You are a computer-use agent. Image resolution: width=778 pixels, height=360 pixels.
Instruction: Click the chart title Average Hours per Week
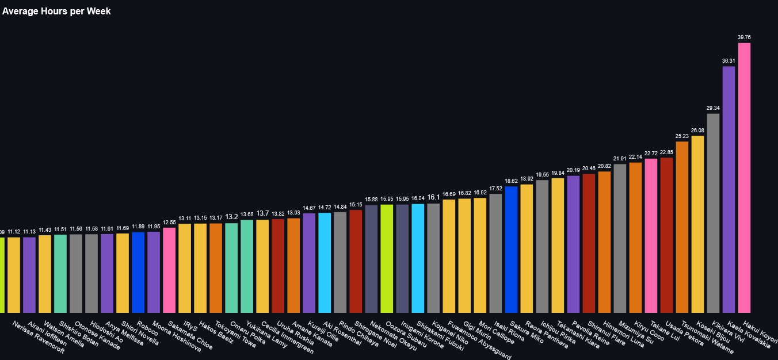pyautogui.click(x=56, y=12)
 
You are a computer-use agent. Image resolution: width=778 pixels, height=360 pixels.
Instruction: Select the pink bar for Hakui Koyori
pyautogui.click(x=744, y=178)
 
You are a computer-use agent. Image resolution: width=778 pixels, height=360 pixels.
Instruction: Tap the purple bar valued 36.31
pyautogui.click(x=729, y=190)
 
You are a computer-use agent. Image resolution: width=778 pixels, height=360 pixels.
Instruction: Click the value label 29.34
pyautogui.click(x=713, y=108)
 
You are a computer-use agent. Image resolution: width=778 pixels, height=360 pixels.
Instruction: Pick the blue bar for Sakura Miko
pyautogui.click(x=511, y=250)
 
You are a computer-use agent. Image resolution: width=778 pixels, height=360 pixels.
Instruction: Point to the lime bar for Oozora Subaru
pyautogui.click(x=387, y=259)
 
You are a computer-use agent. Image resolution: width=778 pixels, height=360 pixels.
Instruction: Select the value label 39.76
pyautogui.click(x=744, y=37)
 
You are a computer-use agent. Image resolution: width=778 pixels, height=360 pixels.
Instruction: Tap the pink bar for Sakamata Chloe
pyautogui.click(x=169, y=270)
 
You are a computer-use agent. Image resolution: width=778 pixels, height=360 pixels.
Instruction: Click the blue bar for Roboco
pyautogui.click(x=138, y=273)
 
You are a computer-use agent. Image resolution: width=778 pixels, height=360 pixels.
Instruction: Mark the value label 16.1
pyautogui.click(x=433, y=197)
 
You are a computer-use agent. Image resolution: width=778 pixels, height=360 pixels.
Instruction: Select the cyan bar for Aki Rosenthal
pyautogui.click(x=325, y=263)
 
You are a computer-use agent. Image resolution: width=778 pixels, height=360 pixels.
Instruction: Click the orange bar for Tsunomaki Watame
pyautogui.click(x=682, y=227)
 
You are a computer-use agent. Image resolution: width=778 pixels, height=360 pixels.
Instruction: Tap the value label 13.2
pyautogui.click(x=231, y=217)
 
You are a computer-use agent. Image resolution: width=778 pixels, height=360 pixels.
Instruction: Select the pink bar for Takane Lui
pyautogui.click(x=651, y=236)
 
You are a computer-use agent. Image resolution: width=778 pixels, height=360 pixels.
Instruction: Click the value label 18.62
pyautogui.click(x=511, y=181)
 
